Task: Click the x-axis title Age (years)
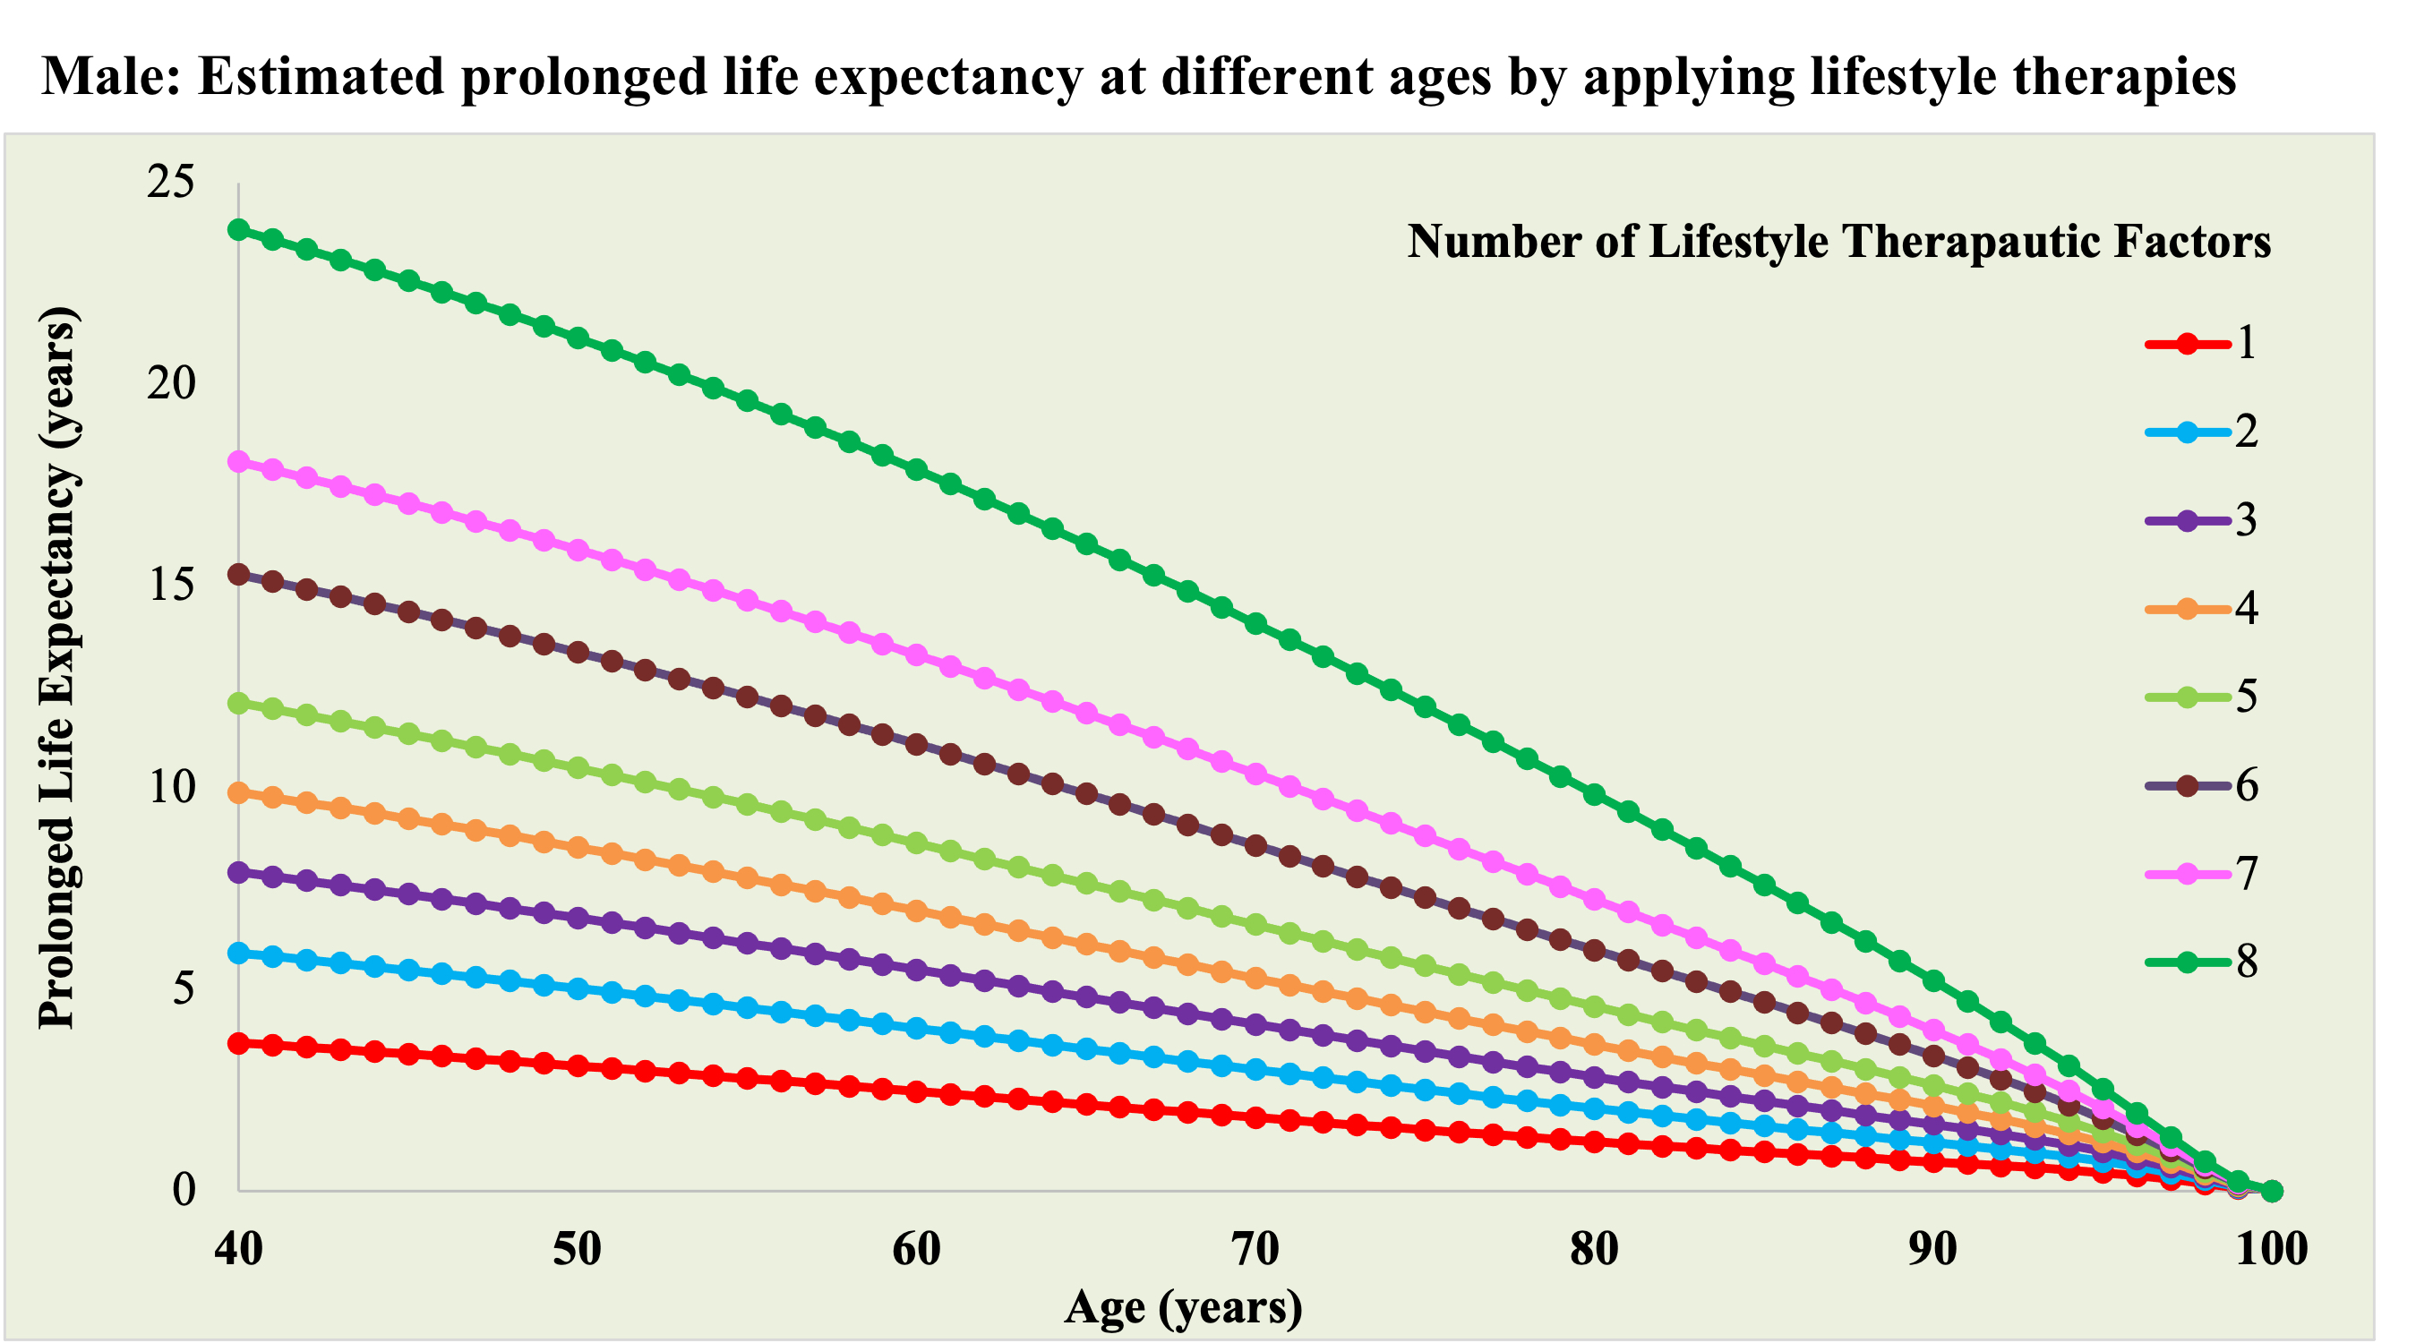1183,1308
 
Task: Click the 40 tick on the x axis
238,1250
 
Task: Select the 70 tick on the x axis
1255,1250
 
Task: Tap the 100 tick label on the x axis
2272,1250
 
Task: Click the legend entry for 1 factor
2201,344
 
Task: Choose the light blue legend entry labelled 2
2201,432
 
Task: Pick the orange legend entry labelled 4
2201,609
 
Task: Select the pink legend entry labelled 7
2201,875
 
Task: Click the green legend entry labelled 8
2201,962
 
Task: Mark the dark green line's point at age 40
239,229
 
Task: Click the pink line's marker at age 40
239,462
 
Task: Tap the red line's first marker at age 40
239,1044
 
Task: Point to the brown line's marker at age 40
239,574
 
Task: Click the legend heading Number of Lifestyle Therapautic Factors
1838,242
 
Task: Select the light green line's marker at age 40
239,703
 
